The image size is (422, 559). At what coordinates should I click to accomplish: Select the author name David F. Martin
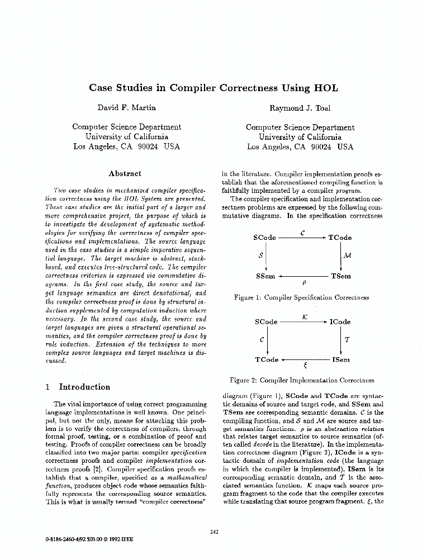coord(127,107)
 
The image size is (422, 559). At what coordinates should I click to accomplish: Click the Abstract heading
coord(125,173)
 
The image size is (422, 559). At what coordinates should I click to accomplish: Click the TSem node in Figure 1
coord(341,276)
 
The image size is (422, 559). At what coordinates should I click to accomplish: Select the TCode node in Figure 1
coord(340,238)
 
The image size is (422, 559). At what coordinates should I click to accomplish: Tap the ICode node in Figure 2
coord(340,322)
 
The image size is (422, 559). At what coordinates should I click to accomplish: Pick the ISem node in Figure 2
coord(340,360)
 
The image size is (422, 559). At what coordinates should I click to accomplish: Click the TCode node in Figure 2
coord(267,360)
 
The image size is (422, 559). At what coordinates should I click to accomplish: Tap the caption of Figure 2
coord(302,381)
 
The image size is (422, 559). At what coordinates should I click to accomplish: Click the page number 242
coord(214,532)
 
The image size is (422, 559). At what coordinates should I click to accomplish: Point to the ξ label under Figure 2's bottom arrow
coord(305,367)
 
